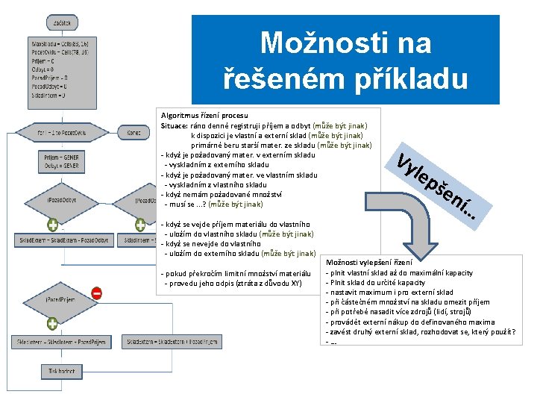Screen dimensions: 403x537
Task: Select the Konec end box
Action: [134, 133]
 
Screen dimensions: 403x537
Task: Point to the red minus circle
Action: [97, 293]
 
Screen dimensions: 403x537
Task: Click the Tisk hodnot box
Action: [62, 370]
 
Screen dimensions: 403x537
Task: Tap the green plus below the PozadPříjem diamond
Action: [52, 324]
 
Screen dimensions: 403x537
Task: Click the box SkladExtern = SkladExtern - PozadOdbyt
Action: [63, 240]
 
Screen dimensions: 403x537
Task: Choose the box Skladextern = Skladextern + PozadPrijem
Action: [172, 341]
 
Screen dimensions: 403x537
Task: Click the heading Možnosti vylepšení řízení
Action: [368, 263]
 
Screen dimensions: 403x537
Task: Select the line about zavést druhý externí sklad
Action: [421, 331]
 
